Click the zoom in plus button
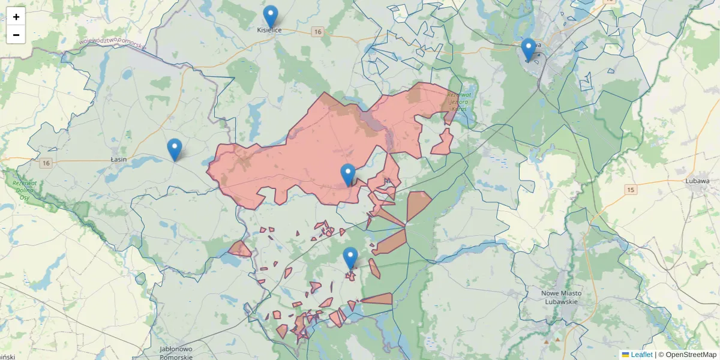coord(16,17)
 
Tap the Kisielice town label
coord(269,29)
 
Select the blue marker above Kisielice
coord(271,16)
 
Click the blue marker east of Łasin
coord(175,149)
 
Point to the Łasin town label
coord(119,160)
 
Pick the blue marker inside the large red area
coord(348,175)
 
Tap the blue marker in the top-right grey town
coord(529,49)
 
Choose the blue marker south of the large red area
coord(350,258)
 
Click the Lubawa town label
coord(697,179)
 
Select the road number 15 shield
coord(631,190)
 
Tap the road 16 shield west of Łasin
coord(46,163)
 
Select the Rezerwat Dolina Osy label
coord(25,190)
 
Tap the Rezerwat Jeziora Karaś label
coord(459,101)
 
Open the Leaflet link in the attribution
coord(641,355)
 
